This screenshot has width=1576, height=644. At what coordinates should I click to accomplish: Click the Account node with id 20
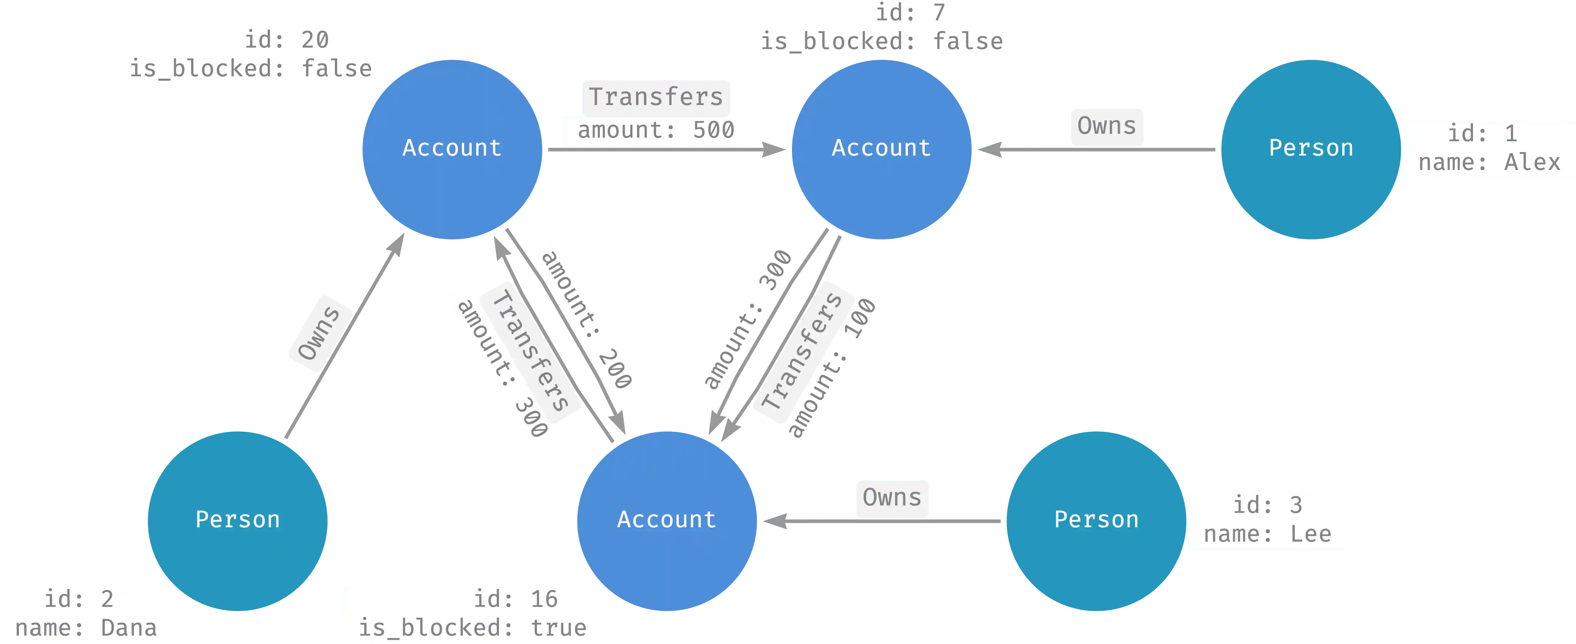(452, 148)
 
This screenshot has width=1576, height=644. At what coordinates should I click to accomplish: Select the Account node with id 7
(881, 148)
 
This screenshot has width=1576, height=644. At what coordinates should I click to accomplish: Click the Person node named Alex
(1310, 148)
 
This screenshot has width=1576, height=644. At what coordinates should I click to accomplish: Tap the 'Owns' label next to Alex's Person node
(1106, 126)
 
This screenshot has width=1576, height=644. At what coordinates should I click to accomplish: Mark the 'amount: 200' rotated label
(586, 319)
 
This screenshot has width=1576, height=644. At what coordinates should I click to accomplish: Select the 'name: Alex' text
(1489, 163)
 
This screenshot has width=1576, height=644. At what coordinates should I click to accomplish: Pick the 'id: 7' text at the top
(910, 12)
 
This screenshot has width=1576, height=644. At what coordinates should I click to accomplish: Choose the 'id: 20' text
(286, 40)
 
